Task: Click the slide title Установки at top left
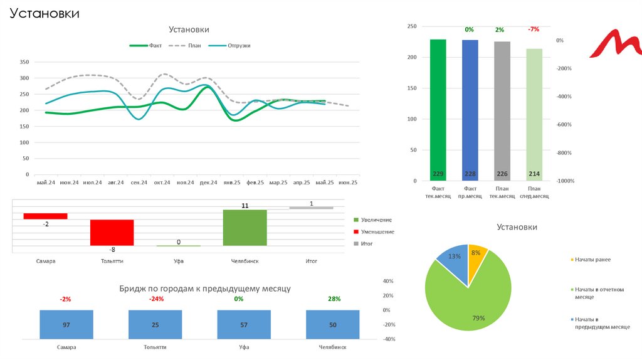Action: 44,13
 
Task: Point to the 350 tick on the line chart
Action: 25,62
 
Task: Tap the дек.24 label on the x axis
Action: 208,183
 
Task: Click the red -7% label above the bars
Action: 534,29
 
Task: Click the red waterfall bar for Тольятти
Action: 112,232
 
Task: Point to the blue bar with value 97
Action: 66,325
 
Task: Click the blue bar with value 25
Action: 155,325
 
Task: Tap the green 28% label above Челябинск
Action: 334,299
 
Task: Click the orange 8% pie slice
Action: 476,257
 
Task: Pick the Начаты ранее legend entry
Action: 592,259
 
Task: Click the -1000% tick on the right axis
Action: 565,181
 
